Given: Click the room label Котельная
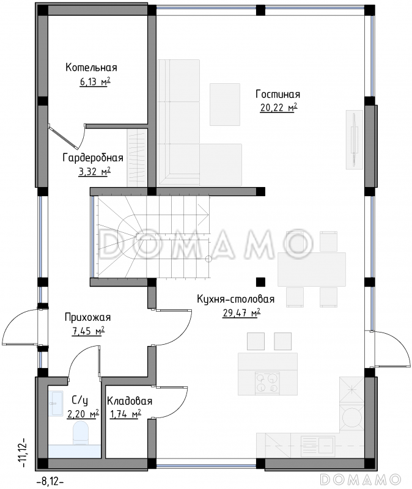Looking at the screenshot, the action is pyautogui.click(x=91, y=67).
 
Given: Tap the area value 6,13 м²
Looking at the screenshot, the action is pyautogui.click(x=95, y=82).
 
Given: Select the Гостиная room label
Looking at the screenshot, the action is pyautogui.click(x=278, y=94).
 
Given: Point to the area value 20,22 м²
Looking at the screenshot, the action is pyautogui.click(x=279, y=108).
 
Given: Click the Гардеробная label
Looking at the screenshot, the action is pyautogui.click(x=93, y=158).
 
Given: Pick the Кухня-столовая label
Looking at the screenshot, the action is pyautogui.click(x=236, y=299).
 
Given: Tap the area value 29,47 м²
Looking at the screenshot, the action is pyautogui.click(x=241, y=312).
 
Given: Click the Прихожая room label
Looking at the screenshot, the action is pyautogui.click(x=87, y=317).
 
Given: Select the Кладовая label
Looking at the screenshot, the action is pyautogui.click(x=130, y=401).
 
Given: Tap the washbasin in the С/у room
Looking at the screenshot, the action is pyautogui.click(x=56, y=403).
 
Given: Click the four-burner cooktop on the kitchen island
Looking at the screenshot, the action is pyautogui.click(x=267, y=383).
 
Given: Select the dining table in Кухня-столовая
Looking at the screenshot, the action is pyautogui.click(x=312, y=270).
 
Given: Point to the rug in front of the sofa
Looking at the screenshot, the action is pyautogui.click(x=225, y=104).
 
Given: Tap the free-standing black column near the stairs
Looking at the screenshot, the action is pyautogui.click(x=261, y=282).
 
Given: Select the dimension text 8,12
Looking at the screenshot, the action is pyautogui.click(x=50, y=482).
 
